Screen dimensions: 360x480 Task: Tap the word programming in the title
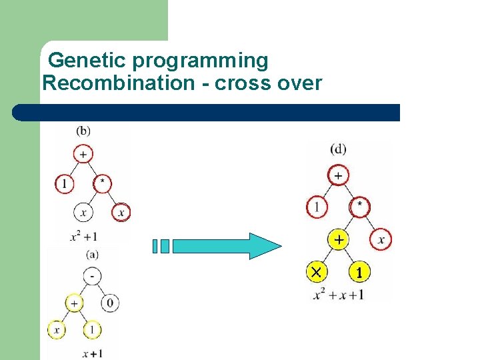[200, 61]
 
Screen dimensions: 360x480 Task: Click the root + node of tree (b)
[83, 153]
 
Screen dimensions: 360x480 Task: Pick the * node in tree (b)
[102, 183]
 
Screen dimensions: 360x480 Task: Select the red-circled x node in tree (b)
[121, 213]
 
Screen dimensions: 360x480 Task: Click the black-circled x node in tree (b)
[83, 213]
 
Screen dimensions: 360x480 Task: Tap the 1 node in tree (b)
[64, 183]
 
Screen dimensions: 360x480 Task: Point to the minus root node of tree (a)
[92, 275]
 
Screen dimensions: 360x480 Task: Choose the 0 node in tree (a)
[111, 303]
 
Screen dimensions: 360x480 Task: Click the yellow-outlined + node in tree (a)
[74, 303]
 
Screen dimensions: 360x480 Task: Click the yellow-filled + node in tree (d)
[339, 239]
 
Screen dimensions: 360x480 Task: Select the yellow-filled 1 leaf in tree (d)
[359, 272]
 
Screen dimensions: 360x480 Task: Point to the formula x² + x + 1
[338, 293]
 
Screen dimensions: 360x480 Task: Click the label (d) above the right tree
[338, 149]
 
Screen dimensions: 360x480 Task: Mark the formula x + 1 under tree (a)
[92, 353]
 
